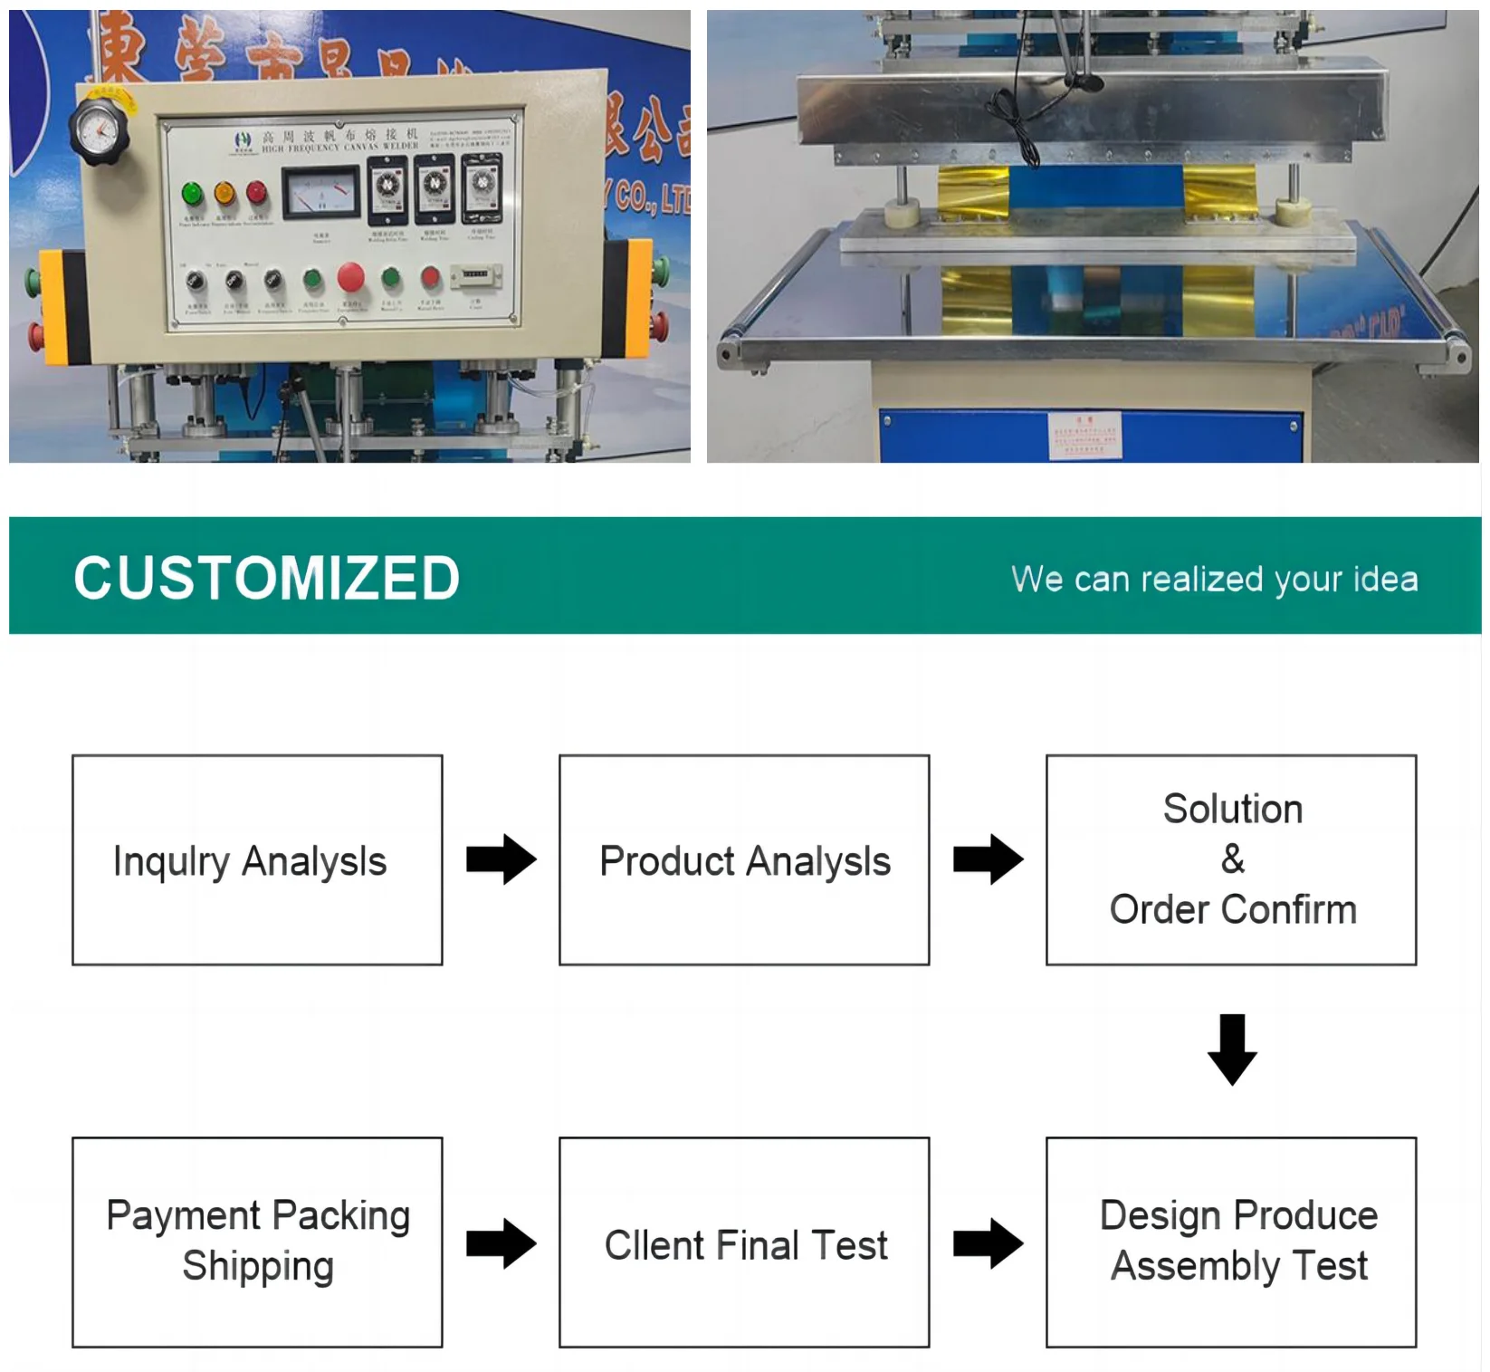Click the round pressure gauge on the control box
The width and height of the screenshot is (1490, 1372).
(99, 132)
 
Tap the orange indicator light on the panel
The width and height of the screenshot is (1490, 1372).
(224, 193)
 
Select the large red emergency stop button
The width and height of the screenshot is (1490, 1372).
(351, 277)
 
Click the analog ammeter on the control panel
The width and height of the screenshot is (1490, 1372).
(320, 193)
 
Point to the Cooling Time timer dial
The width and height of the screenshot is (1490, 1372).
(481, 187)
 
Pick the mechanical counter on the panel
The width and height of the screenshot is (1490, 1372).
(475, 274)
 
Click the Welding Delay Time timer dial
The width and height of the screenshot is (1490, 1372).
(387, 187)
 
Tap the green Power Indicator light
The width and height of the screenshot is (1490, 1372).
(192, 193)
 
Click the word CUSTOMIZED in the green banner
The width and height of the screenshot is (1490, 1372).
(267, 578)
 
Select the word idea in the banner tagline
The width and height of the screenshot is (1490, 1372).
(1385, 579)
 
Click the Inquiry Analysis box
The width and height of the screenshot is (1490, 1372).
(257, 859)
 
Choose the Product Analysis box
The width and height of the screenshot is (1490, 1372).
(744, 859)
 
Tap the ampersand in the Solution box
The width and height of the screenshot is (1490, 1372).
(1232, 859)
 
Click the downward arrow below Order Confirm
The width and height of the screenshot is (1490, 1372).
(1232, 1049)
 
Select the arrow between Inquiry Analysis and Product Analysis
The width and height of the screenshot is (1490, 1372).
(501, 859)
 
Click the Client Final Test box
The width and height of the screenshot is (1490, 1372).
(744, 1242)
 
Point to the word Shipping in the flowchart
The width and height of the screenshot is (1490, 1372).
(258, 1266)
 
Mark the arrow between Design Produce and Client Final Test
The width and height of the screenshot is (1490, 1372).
(988, 1242)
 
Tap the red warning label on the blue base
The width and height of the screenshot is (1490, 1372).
(1085, 435)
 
